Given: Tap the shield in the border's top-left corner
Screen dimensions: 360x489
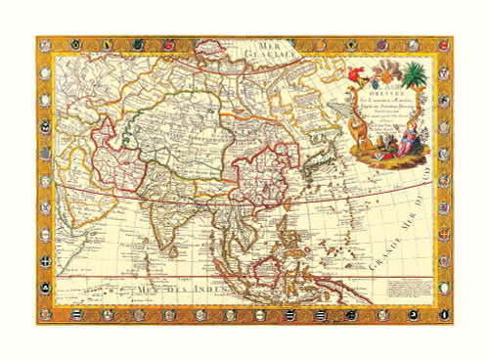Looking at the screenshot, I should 46,45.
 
